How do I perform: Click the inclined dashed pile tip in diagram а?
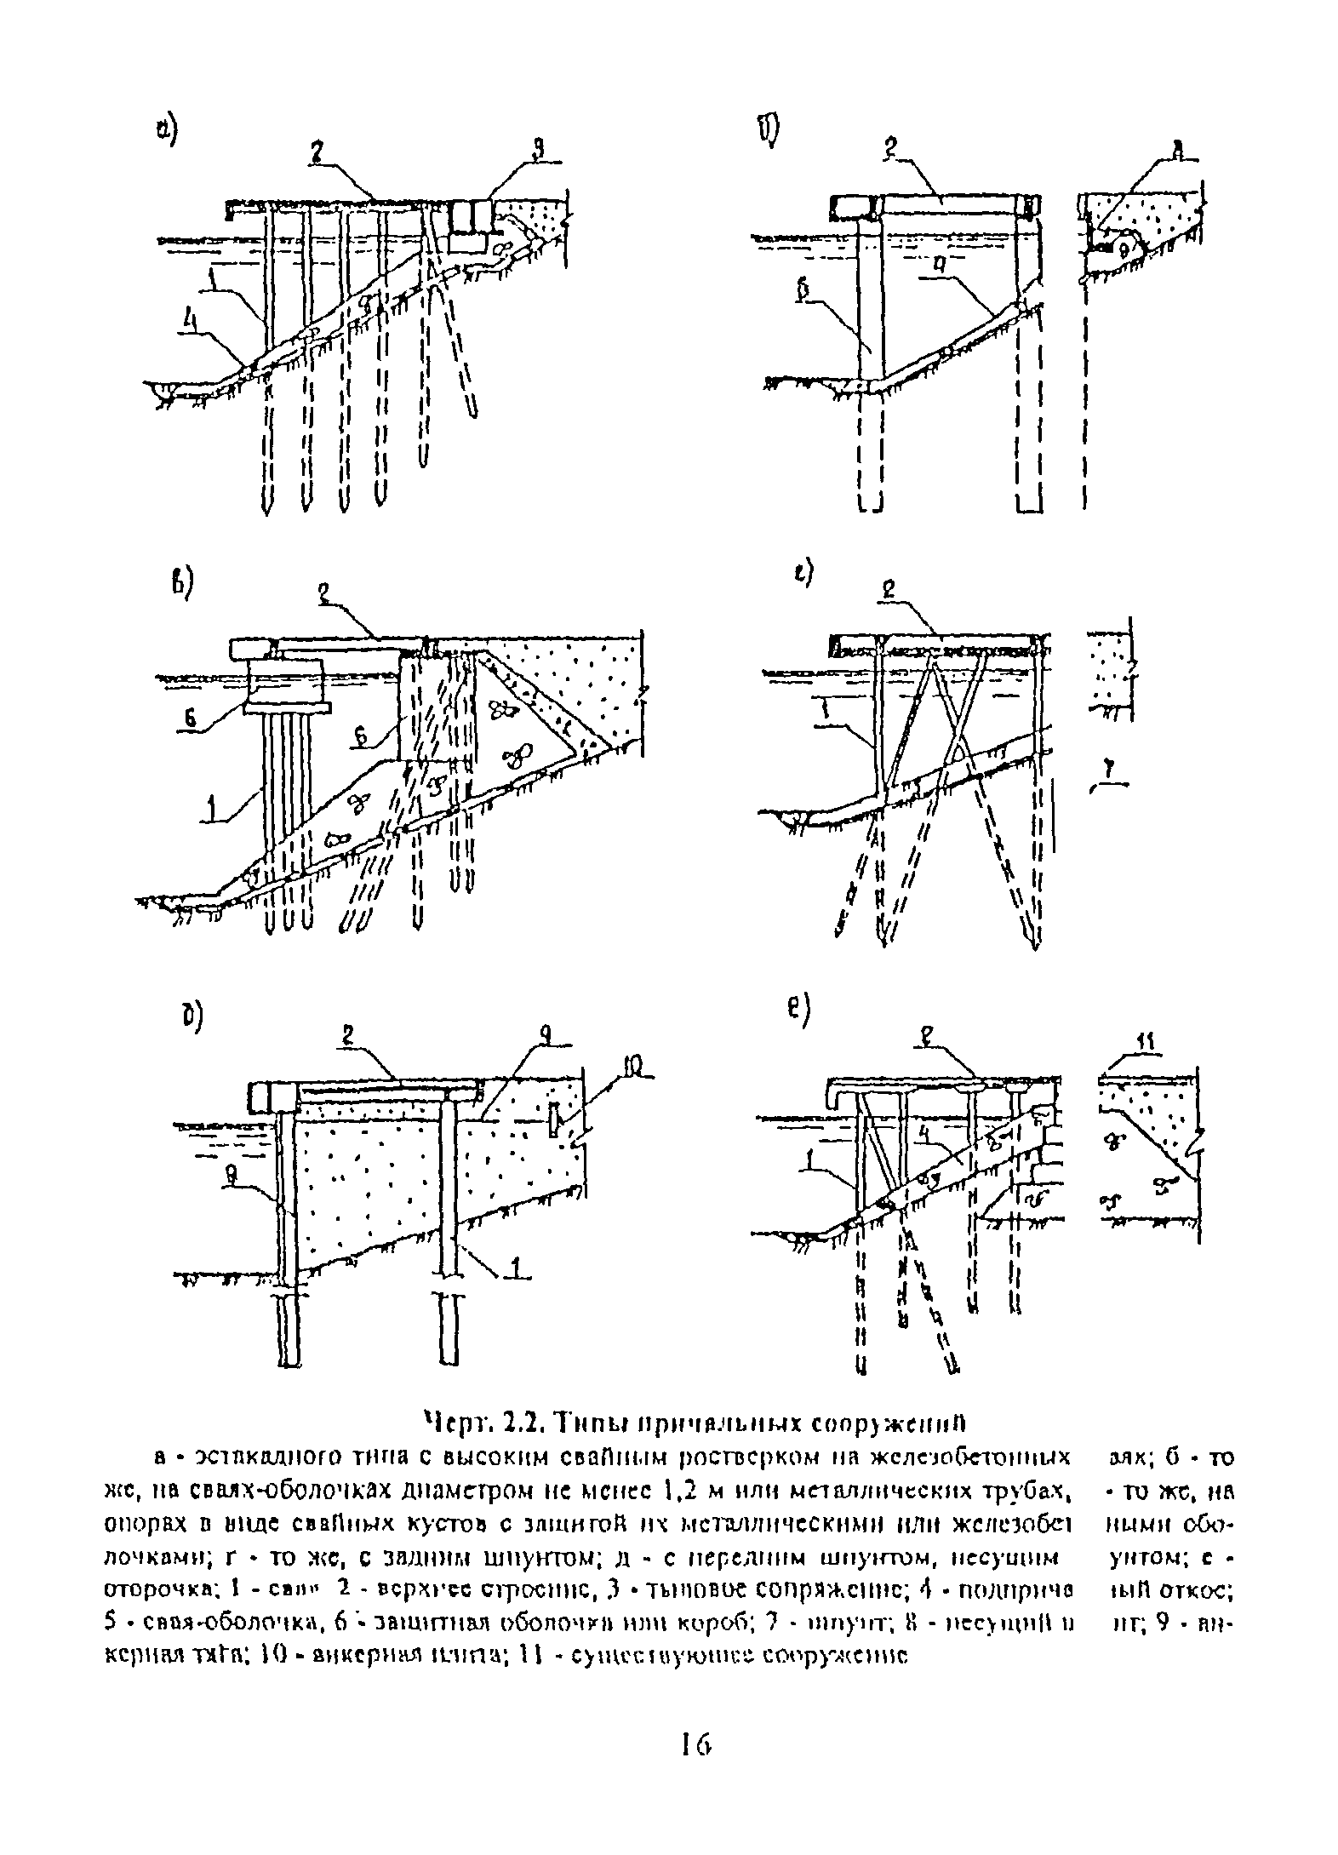click(472, 412)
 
